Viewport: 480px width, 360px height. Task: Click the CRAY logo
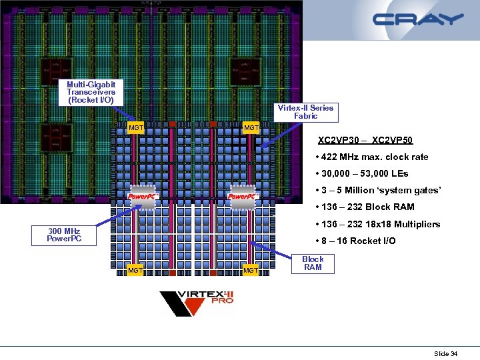click(x=418, y=19)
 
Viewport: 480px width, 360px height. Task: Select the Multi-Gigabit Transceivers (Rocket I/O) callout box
click(x=91, y=92)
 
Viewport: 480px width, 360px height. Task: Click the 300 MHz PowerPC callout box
click(x=64, y=235)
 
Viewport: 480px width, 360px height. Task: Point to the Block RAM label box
click(x=313, y=263)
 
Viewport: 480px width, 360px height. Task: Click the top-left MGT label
click(x=136, y=127)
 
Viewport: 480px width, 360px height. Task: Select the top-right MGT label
click(x=251, y=127)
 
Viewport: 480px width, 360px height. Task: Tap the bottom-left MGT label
click(x=135, y=270)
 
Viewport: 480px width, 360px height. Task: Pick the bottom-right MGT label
click(x=251, y=270)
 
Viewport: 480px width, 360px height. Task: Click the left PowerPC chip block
click(x=142, y=196)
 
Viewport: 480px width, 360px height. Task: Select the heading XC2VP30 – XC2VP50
click(x=365, y=141)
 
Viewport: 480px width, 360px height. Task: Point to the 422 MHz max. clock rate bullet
click(x=373, y=157)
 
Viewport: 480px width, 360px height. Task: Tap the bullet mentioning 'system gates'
click(x=378, y=191)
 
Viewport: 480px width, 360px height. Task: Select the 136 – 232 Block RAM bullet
click(x=365, y=207)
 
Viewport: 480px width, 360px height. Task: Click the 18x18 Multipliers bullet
click(x=378, y=224)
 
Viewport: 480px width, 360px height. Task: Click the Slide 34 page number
click(x=445, y=353)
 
